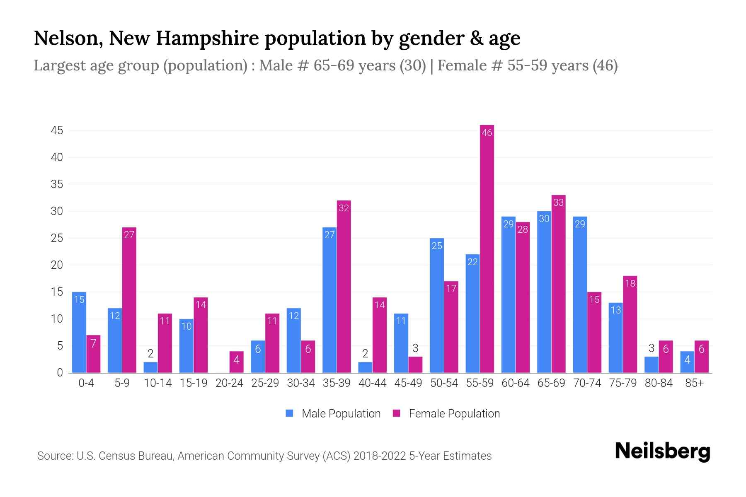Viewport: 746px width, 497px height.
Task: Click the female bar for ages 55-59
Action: (487, 248)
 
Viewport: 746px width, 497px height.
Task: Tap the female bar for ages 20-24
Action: (236, 362)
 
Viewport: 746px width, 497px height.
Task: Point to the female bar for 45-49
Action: (415, 364)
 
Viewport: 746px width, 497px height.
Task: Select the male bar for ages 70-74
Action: (580, 294)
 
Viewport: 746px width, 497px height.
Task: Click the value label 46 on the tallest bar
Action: (487, 133)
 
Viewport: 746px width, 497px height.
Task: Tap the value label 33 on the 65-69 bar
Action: (558, 203)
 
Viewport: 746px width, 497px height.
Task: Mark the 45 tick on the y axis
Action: (57, 131)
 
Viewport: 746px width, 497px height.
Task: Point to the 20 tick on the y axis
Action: (57, 265)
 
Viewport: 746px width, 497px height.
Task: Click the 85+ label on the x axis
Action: (694, 383)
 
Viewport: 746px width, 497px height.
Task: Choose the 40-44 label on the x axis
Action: (372, 383)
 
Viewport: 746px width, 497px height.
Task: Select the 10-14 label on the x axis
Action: (157, 383)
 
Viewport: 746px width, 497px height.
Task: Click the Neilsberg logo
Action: (662, 451)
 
